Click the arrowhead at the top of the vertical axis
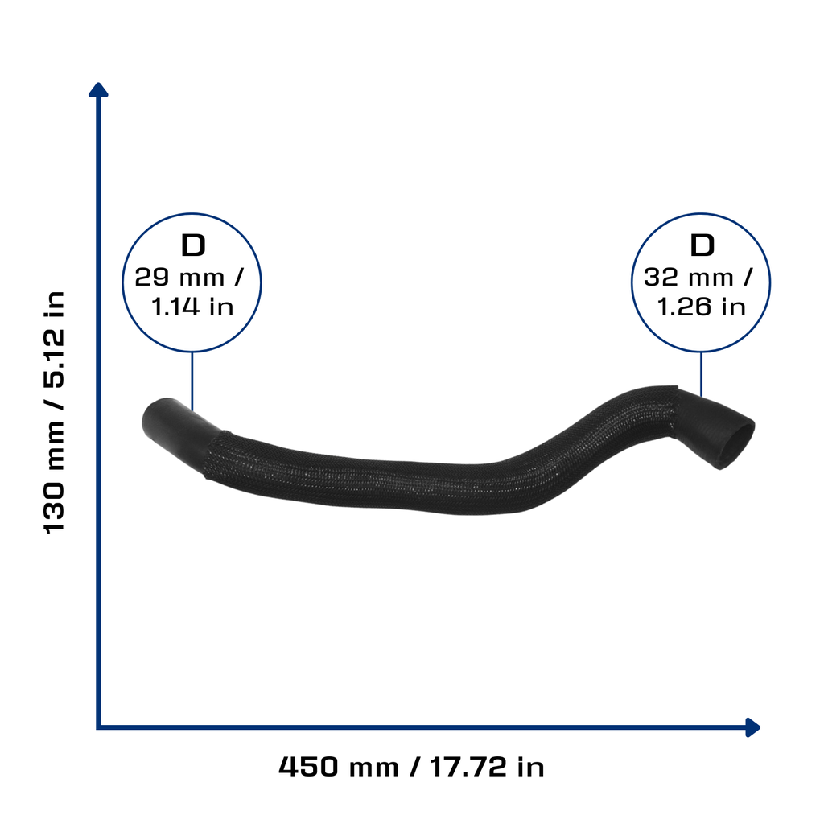pyautogui.click(x=98, y=90)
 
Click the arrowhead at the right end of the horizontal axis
pyautogui.click(x=752, y=727)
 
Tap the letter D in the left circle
pyautogui.click(x=193, y=245)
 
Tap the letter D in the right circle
pyautogui.click(x=702, y=245)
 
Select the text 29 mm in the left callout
pyautogui.click(x=179, y=277)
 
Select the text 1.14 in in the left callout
pyautogui.click(x=192, y=307)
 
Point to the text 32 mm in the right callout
pyautogui.click(x=689, y=277)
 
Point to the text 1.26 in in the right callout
pyautogui.click(x=702, y=307)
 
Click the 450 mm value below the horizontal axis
pyautogui.click(x=339, y=767)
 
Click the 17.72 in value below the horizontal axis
pyautogui.click(x=487, y=767)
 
